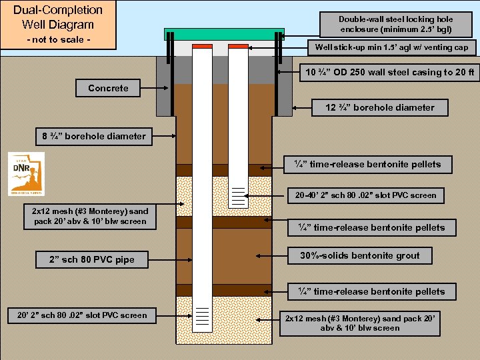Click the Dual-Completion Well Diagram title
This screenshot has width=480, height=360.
click(x=58, y=17)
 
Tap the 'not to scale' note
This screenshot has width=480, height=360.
click(x=58, y=40)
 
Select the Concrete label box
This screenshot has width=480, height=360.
click(x=108, y=88)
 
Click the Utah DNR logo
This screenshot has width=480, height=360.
click(x=27, y=173)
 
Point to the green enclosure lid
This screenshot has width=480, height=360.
click(x=225, y=34)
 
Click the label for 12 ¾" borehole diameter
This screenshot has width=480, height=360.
click(x=379, y=107)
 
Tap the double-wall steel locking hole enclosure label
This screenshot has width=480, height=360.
click(x=395, y=24)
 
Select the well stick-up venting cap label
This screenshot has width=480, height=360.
click(x=395, y=47)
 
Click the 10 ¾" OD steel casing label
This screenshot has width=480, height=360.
click(x=390, y=72)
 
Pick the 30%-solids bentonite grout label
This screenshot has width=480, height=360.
click(x=359, y=255)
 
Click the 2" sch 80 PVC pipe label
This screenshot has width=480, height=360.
click(x=91, y=259)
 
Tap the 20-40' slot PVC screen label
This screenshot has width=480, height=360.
click(x=366, y=195)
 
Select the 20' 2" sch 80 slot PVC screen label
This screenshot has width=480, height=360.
click(x=78, y=315)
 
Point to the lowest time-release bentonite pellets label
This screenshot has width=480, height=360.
click(x=370, y=291)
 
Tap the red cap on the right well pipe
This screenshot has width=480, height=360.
click(x=238, y=46)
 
